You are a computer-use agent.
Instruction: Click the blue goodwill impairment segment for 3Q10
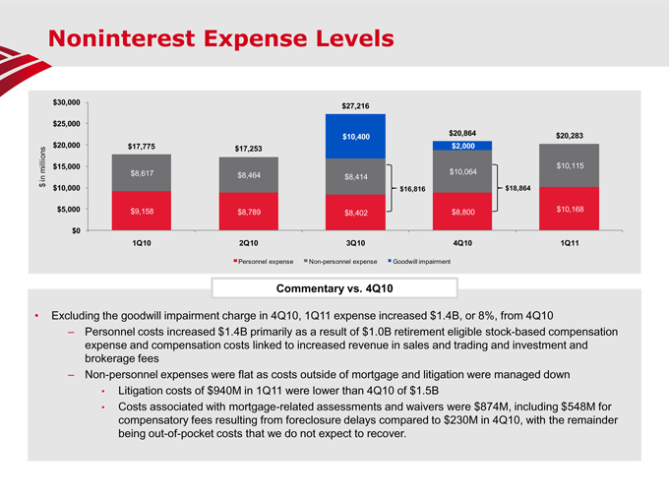click(x=356, y=136)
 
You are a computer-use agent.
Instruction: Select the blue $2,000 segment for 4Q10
click(x=462, y=146)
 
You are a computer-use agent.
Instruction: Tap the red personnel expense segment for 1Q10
click(x=142, y=210)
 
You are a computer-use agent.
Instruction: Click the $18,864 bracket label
click(x=518, y=188)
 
